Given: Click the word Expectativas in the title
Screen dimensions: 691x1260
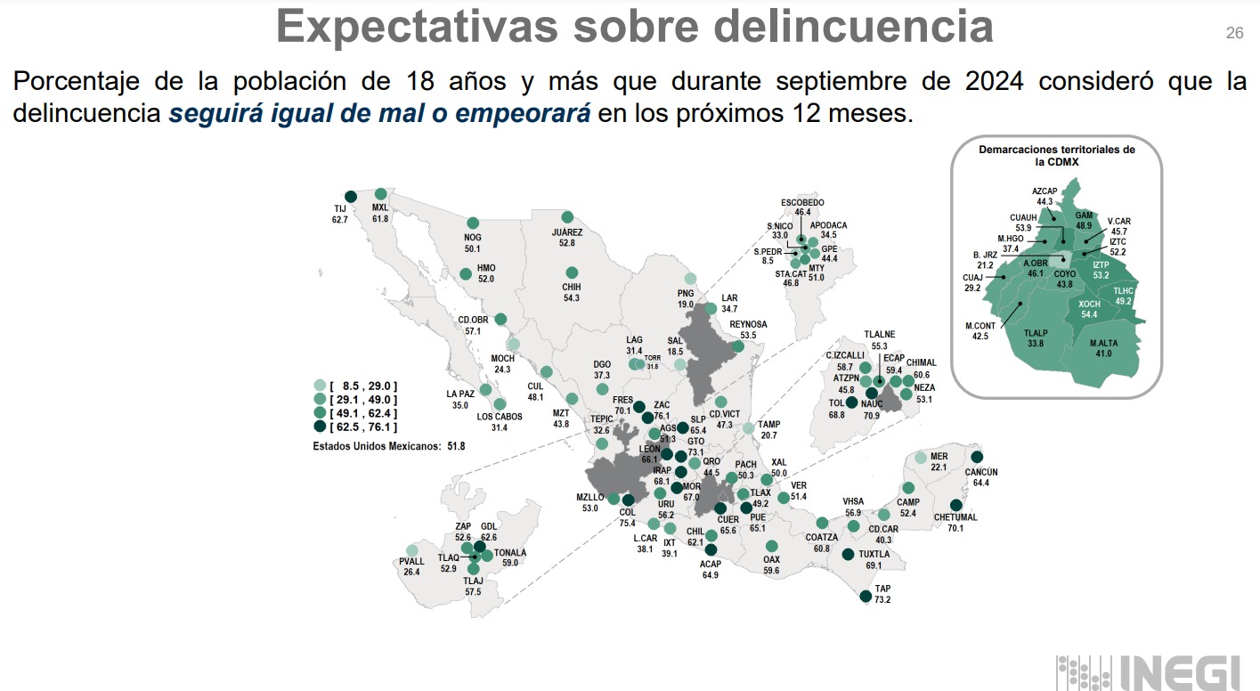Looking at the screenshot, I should [x=417, y=27].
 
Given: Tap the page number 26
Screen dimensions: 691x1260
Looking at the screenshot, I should [x=1234, y=34].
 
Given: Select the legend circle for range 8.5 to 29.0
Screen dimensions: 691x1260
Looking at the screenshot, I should [x=320, y=386].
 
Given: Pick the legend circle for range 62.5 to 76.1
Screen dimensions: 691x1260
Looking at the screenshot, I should [x=320, y=427].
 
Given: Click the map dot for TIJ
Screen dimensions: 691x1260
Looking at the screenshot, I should [x=350, y=197].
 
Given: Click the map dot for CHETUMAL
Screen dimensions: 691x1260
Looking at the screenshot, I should [x=956, y=505].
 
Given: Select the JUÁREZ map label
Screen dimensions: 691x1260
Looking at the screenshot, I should [x=566, y=232].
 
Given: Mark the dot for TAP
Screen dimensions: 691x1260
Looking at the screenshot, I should [x=865, y=598].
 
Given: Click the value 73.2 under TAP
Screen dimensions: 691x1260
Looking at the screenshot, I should [x=882, y=600].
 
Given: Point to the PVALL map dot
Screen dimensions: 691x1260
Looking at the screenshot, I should [x=411, y=550].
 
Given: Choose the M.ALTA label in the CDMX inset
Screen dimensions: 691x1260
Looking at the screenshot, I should [x=1104, y=343].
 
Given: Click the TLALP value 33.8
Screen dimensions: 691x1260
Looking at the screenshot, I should [x=1034, y=343].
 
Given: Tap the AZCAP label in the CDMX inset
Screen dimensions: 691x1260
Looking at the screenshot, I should [x=1044, y=191].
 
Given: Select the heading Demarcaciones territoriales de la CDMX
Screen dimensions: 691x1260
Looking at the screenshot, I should [x=1056, y=156].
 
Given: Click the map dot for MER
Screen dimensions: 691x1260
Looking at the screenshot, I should [x=921, y=458].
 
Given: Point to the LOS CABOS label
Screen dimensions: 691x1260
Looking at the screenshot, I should [x=499, y=417].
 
